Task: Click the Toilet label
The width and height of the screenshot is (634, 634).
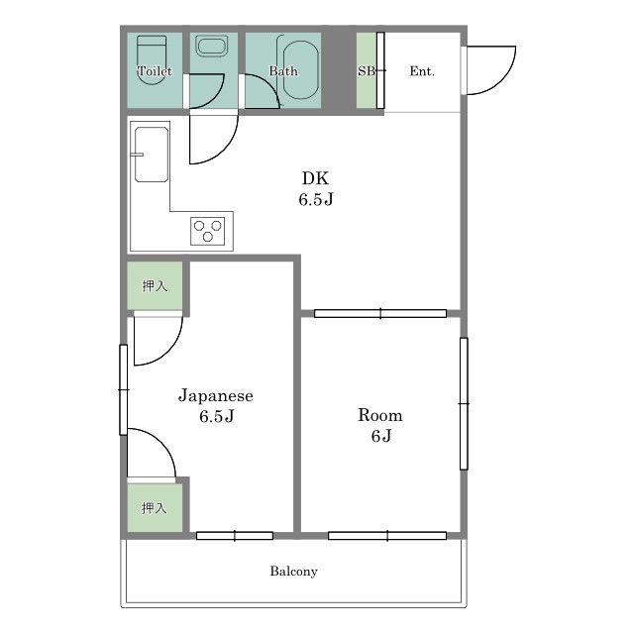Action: click(155, 71)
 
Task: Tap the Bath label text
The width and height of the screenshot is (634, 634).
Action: click(283, 71)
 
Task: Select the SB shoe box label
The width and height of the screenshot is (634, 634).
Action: click(367, 71)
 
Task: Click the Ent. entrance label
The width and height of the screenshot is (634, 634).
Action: click(422, 71)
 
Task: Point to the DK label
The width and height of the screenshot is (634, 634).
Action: click(316, 178)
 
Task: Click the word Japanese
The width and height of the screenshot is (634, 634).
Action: click(216, 395)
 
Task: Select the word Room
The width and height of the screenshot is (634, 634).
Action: click(380, 415)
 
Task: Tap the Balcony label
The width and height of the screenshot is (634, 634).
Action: click(293, 572)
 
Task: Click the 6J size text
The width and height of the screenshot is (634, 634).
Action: click(380, 436)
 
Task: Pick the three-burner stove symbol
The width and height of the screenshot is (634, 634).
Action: click(208, 231)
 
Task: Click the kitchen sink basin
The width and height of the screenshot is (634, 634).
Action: click(152, 155)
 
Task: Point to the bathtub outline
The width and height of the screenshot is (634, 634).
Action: click(301, 70)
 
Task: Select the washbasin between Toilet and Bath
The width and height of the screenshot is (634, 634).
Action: click(211, 47)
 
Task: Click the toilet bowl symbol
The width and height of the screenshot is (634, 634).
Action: click(152, 60)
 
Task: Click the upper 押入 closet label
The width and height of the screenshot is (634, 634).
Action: click(155, 286)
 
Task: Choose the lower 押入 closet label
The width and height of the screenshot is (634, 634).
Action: click(155, 508)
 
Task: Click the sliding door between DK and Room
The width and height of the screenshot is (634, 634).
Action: click(380, 313)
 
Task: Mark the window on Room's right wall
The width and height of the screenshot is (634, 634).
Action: click(464, 403)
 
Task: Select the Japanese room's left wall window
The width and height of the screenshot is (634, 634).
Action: click(123, 389)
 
